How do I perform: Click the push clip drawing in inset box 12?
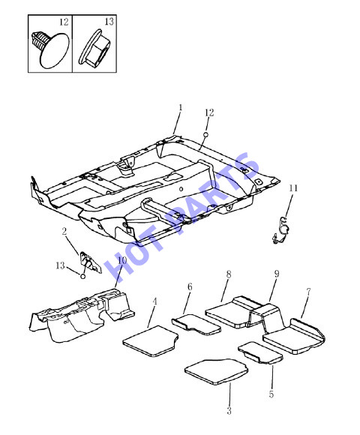click(x=50, y=49)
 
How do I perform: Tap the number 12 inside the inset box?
click(x=64, y=22)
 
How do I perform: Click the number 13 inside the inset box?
click(x=109, y=21)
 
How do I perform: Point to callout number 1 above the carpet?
click(x=181, y=108)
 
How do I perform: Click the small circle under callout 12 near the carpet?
click(x=206, y=134)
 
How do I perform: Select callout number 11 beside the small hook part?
click(x=293, y=188)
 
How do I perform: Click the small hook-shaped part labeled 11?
click(x=281, y=230)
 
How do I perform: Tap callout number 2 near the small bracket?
click(x=64, y=231)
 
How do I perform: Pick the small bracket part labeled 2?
click(x=89, y=262)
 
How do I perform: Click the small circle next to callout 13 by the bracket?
click(x=82, y=276)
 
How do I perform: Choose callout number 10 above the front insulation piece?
click(x=122, y=260)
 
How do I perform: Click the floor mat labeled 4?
click(x=151, y=341)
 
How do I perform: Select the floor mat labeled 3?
click(x=216, y=372)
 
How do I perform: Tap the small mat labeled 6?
click(x=196, y=325)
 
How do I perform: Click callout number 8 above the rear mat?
click(x=229, y=274)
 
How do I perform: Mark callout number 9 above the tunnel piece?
click(x=277, y=274)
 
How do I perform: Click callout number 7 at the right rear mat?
click(x=308, y=292)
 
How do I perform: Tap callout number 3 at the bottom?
click(x=229, y=411)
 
